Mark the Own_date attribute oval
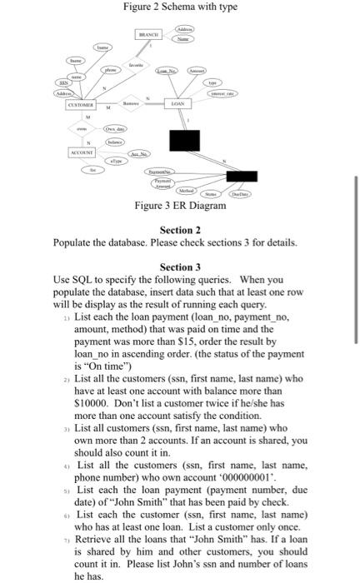click(x=113, y=132)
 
